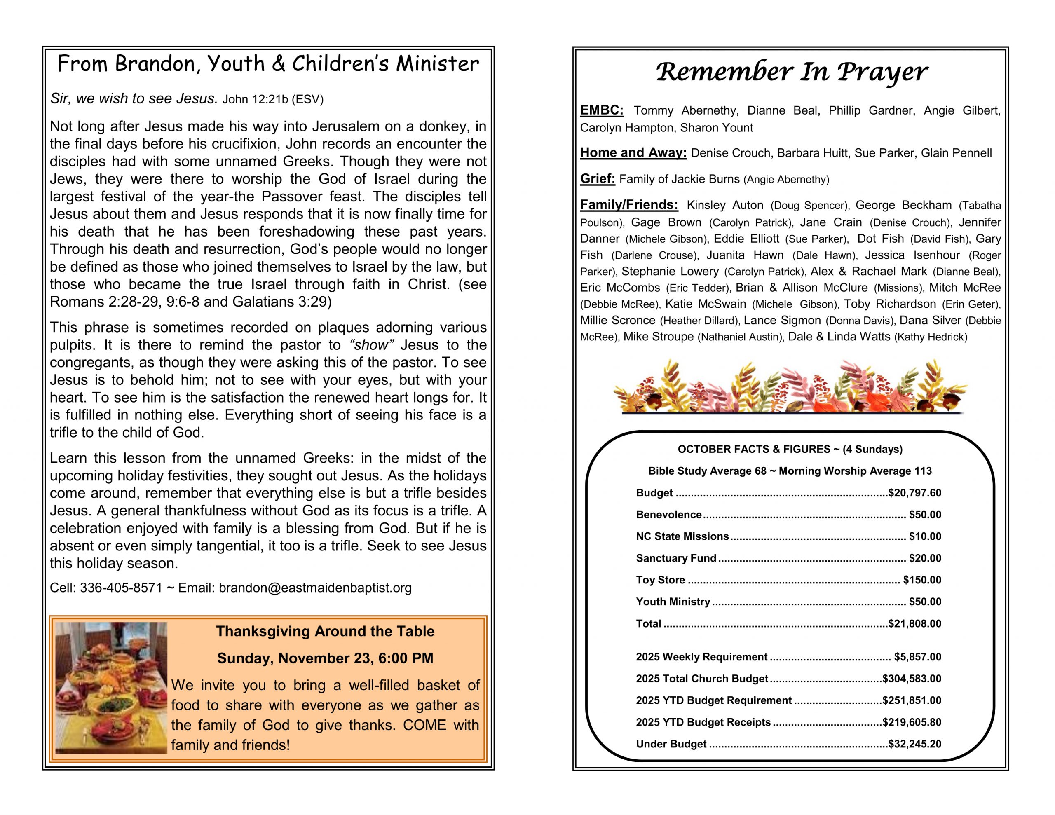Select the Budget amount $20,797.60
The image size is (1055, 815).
click(914, 493)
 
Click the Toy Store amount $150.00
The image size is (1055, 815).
click(921, 580)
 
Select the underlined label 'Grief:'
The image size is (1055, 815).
click(598, 179)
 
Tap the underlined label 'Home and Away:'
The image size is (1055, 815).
click(633, 153)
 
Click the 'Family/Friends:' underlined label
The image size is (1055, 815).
click(629, 205)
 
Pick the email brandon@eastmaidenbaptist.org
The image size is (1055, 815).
click(315, 588)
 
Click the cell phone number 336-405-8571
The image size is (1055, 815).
click(121, 588)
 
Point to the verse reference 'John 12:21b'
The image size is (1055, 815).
click(255, 100)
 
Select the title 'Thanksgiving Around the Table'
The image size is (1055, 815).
click(325, 631)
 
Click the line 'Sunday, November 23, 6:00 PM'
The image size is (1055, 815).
click(325, 658)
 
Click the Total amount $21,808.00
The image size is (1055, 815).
click(914, 624)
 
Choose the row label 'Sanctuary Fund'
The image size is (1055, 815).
click(676, 558)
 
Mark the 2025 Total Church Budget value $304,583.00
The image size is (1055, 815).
click(912, 679)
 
